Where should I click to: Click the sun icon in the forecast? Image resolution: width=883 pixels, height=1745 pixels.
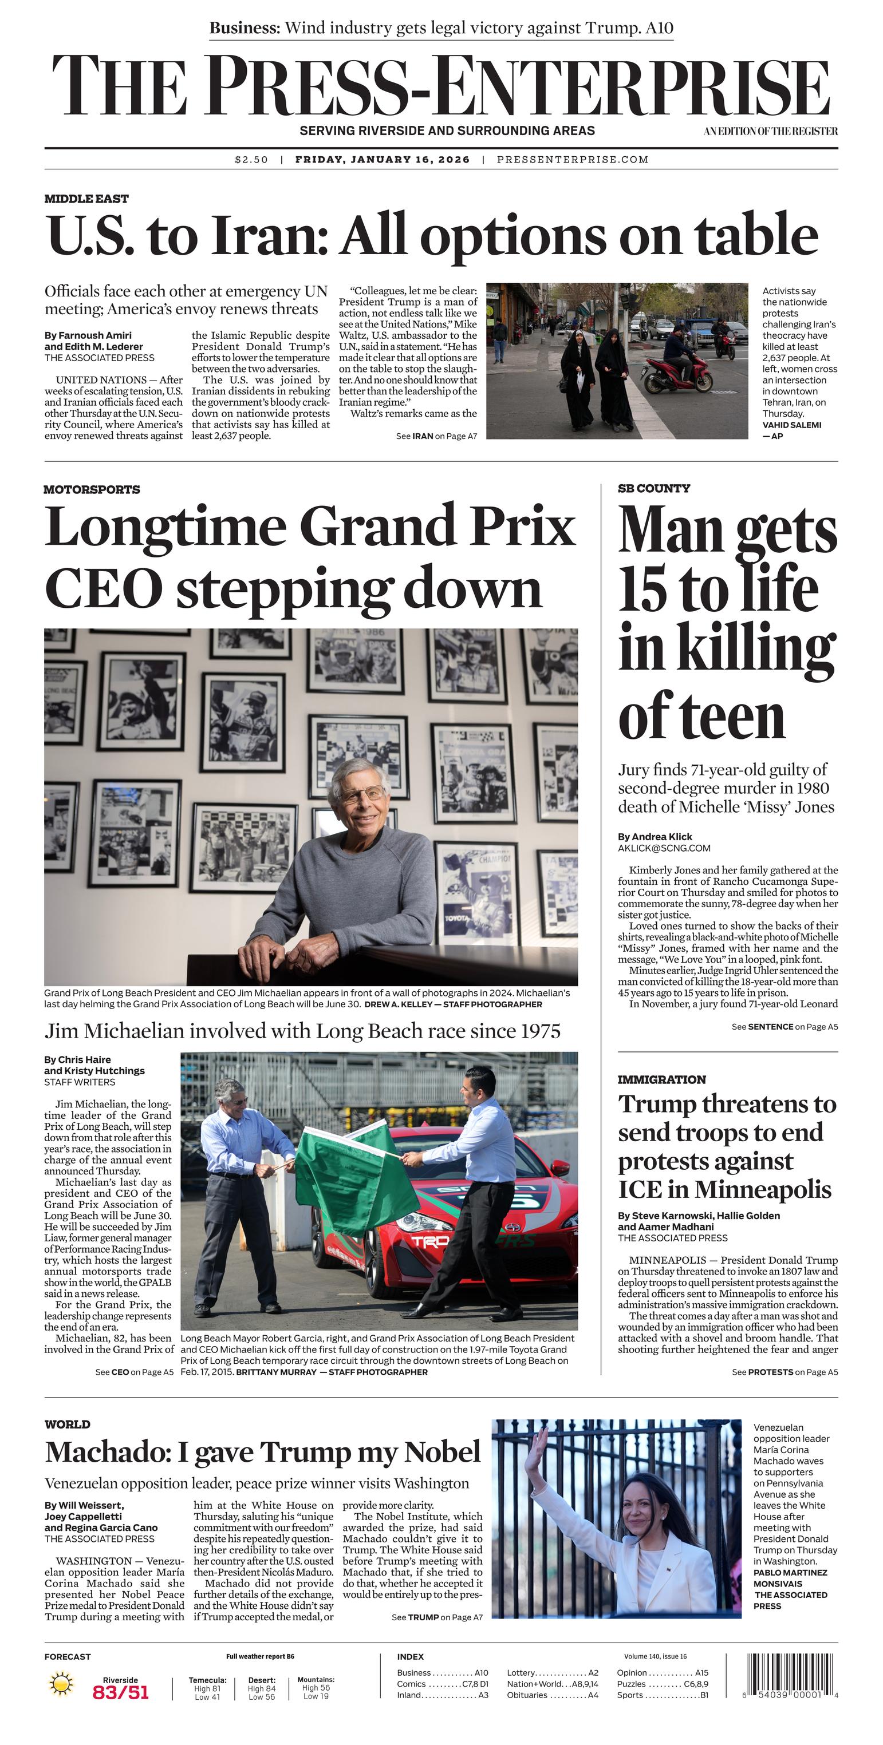click(61, 1683)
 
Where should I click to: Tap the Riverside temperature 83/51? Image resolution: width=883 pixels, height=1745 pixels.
click(121, 1692)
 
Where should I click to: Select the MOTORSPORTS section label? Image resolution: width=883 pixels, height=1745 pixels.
click(92, 489)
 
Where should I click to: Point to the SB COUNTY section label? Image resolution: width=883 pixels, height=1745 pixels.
click(654, 488)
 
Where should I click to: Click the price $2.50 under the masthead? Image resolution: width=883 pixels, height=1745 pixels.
click(251, 160)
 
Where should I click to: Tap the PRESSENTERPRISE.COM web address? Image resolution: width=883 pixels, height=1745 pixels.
click(573, 160)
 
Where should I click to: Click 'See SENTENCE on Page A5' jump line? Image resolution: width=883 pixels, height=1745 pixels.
click(784, 1026)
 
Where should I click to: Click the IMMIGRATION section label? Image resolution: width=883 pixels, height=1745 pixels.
click(661, 1079)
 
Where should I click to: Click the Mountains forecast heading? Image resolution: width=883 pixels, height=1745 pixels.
click(316, 1679)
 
